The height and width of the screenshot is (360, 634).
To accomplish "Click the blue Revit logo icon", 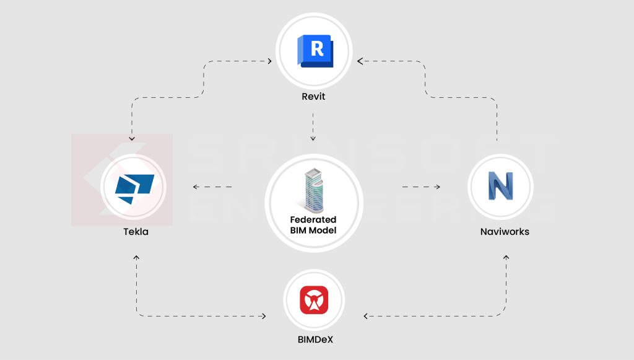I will pyautogui.click(x=315, y=51).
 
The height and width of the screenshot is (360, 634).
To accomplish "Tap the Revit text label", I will pyautogui.click(x=313, y=97).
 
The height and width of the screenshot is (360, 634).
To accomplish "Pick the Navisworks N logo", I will pyautogui.click(x=500, y=186).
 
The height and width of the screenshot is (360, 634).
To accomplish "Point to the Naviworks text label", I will pyautogui.click(x=505, y=232).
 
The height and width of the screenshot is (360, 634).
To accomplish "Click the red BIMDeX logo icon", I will pyautogui.click(x=314, y=301).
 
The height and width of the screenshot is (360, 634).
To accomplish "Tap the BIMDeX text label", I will pyautogui.click(x=314, y=340).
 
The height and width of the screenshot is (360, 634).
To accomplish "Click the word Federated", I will pyautogui.click(x=313, y=220).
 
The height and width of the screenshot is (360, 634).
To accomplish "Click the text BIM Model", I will pyautogui.click(x=313, y=230).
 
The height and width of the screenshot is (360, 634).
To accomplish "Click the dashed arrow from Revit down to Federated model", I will pyautogui.click(x=313, y=126).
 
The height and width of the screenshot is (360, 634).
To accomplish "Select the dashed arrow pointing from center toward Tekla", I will pyautogui.click(x=212, y=186).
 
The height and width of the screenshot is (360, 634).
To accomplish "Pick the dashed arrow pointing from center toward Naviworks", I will pyautogui.click(x=421, y=186).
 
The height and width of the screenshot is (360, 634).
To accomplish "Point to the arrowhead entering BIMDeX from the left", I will pyautogui.click(x=264, y=316).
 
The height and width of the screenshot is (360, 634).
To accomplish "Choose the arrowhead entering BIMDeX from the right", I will pyautogui.click(x=365, y=316).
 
